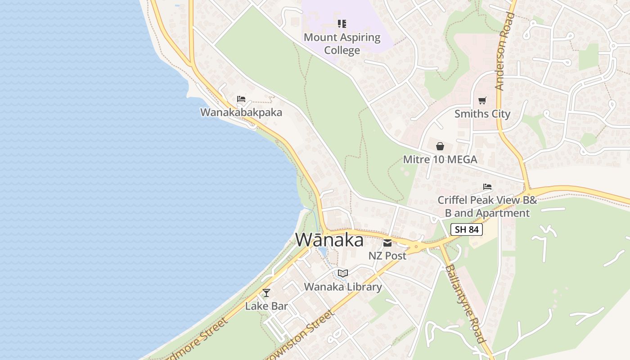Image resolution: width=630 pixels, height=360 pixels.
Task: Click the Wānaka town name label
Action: (329, 240)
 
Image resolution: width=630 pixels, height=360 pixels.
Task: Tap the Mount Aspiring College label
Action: (342, 44)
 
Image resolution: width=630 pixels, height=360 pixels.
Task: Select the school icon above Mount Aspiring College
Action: (342, 23)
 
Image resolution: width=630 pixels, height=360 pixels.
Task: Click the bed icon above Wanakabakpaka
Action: (241, 99)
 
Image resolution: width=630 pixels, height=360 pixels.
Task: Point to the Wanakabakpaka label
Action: (241, 112)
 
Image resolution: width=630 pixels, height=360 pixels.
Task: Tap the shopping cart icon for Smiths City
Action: (482, 100)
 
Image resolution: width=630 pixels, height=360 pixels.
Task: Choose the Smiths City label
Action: (482, 114)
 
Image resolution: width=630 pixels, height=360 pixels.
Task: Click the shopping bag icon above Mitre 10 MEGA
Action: (440, 146)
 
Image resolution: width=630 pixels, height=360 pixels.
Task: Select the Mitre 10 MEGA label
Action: (440, 159)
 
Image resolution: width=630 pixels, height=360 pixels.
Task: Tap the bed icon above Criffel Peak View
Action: (487, 187)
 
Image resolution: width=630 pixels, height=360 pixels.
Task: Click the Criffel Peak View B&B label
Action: (487, 206)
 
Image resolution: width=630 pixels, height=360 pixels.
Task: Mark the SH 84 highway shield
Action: (467, 229)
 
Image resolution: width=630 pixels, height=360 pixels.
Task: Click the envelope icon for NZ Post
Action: (387, 243)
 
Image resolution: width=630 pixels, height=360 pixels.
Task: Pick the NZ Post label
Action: (387, 256)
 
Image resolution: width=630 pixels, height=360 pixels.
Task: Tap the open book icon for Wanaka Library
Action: (343, 273)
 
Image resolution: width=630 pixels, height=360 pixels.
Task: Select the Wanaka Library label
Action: (343, 287)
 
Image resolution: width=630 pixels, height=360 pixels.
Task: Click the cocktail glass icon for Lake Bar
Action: (266, 293)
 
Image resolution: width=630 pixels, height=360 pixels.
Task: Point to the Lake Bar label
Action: (266, 306)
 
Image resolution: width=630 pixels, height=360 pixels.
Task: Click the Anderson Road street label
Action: (504, 52)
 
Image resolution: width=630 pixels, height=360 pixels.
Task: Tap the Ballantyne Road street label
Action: (465, 304)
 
